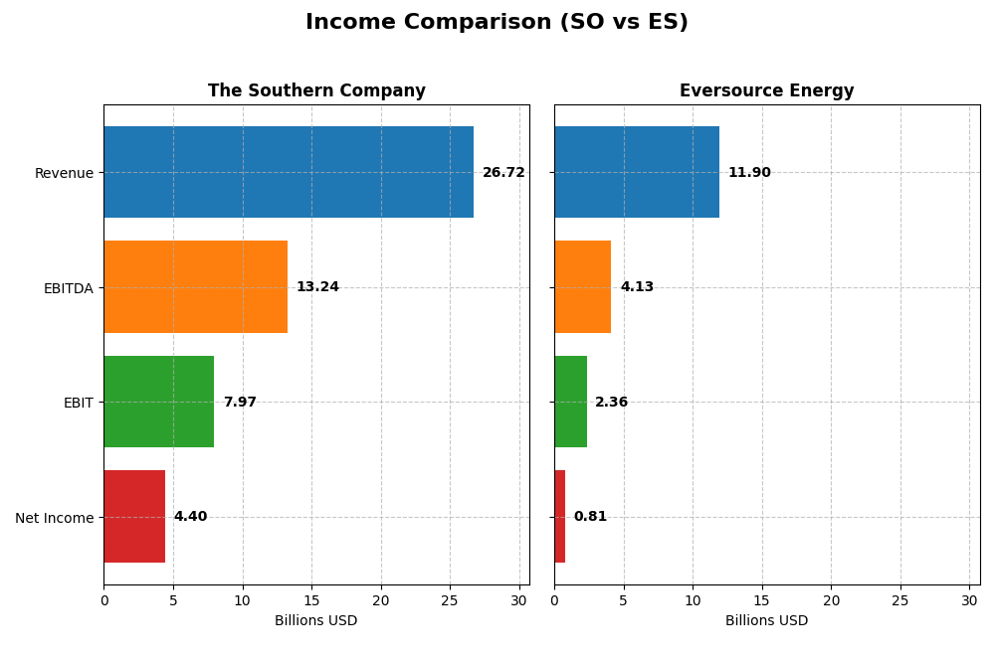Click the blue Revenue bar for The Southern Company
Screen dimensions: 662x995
pyautogui.click(x=289, y=172)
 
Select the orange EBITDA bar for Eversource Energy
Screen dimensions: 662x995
pyautogui.click(x=582, y=286)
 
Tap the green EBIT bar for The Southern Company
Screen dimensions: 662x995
pyautogui.click(x=158, y=402)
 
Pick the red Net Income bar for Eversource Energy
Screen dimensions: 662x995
pyautogui.click(x=559, y=517)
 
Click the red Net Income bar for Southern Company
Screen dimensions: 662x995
pyautogui.click(x=134, y=517)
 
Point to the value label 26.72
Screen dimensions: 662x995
pyautogui.click(x=503, y=173)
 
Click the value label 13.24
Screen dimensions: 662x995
pyautogui.click(x=317, y=287)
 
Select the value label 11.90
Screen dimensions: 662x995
pyautogui.click(x=749, y=173)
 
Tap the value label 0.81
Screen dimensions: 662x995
pyautogui.click(x=590, y=517)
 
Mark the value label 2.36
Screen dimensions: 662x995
pyautogui.click(x=611, y=403)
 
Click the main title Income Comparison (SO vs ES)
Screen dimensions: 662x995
pyautogui.click(x=497, y=22)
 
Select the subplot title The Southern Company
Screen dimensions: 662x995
pyautogui.click(x=316, y=91)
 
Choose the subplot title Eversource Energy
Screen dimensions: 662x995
pyautogui.click(x=766, y=91)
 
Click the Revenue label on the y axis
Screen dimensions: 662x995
pyautogui.click(x=64, y=174)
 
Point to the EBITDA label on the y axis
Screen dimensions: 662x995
pyautogui.click(x=68, y=288)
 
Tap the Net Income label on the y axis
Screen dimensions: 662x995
pyautogui.click(x=55, y=518)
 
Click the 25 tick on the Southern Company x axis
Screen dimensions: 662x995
pyautogui.click(x=450, y=600)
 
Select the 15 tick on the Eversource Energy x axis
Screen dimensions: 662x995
pyautogui.click(x=762, y=600)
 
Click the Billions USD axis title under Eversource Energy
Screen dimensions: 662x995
pyautogui.click(x=766, y=621)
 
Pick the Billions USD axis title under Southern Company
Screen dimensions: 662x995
pyautogui.click(x=315, y=621)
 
